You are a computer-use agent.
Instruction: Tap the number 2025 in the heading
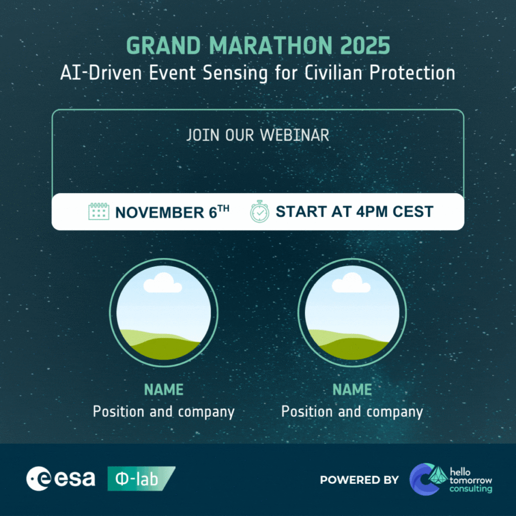point(365,45)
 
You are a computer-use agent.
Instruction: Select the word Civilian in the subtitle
point(333,73)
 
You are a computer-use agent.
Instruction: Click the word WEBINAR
point(294,135)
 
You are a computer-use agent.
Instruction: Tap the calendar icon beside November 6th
point(99,211)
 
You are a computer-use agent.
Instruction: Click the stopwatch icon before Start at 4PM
point(260,211)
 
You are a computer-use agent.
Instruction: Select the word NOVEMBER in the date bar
point(160,212)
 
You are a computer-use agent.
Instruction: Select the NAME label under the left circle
point(164,390)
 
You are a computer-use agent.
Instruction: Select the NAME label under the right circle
point(352,390)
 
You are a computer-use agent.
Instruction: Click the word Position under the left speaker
point(118,411)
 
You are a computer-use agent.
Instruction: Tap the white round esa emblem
point(38,479)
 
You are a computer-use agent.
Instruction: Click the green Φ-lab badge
point(141,479)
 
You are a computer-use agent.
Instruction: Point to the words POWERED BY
point(359,480)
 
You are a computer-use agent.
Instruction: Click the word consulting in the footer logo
point(471,489)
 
